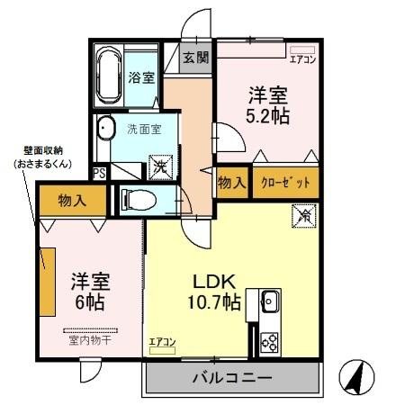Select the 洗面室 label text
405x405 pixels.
tap(143, 128)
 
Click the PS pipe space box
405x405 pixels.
tap(99, 172)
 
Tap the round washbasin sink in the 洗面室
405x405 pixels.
tap(106, 127)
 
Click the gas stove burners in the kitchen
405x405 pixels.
tap(269, 341)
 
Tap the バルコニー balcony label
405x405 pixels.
tap(230, 378)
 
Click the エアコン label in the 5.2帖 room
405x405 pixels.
tap(301, 59)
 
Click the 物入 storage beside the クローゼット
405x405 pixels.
tap(232, 183)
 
